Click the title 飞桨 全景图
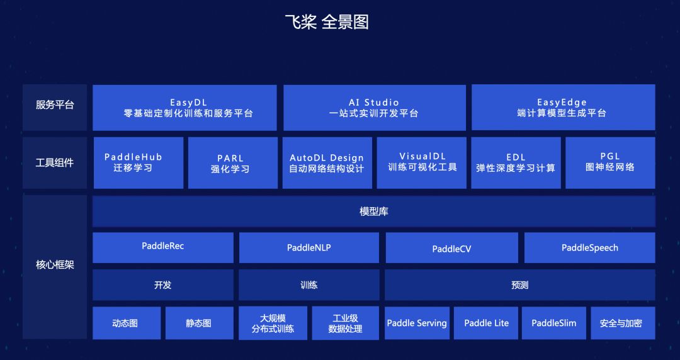pos(327,22)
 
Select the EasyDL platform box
pos(184,108)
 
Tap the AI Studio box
pos(375,108)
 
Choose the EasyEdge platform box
pos(564,108)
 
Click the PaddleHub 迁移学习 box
pos(139,163)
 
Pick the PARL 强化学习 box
pos(233,163)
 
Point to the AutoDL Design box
pos(327,163)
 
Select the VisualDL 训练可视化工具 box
pos(421,163)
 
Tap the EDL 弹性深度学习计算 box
pos(516,163)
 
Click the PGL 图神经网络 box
pos(610,163)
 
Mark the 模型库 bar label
pos(374,211)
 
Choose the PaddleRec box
pos(163,248)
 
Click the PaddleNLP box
pos(309,248)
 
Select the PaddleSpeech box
pos(590,248)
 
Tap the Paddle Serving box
pos(417,323)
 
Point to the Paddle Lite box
pos(486,323)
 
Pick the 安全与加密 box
pos(623,323)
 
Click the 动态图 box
pos(127,323)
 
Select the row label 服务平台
pos(55,105)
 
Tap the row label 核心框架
pos(55,264)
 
